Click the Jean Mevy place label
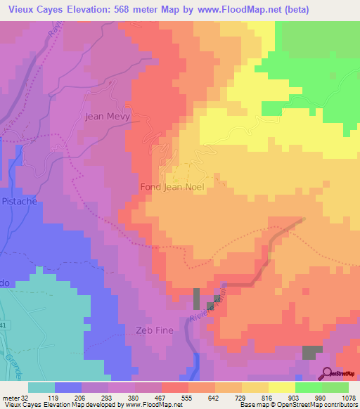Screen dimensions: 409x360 [106, 117]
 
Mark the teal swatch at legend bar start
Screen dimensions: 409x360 [41, 387]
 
